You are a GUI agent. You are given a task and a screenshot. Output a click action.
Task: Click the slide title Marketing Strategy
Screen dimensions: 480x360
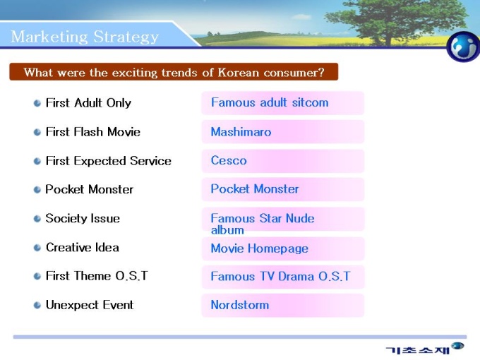(85, 37)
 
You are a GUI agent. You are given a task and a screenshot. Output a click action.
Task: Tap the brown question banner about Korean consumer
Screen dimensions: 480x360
(174, 72)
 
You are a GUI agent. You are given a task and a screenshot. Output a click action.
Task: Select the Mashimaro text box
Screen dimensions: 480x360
(283, 132)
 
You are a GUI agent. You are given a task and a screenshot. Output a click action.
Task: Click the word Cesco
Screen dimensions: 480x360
(229, 160)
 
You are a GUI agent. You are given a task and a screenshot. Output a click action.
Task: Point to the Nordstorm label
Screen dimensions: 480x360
(240, 305)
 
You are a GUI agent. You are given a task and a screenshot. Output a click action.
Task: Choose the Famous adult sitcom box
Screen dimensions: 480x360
(283, 103)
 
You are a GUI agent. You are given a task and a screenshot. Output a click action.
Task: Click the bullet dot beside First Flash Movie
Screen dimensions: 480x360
(37, 132)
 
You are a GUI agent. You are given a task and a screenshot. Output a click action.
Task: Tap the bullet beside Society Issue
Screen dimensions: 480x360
(37, 219)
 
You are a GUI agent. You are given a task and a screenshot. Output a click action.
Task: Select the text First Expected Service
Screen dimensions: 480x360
(109, 161)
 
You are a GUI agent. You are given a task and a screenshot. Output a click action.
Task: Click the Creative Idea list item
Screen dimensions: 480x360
(83, 247)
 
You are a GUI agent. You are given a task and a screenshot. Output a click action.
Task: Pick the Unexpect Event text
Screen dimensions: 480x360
(90, 305)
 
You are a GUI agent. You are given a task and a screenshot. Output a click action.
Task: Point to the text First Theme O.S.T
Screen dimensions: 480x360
(97, 276)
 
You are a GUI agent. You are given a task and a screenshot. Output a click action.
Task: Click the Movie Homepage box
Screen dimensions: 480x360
(283, 248)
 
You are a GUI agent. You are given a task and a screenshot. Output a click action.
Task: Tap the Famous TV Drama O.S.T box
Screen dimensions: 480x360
(283, 277)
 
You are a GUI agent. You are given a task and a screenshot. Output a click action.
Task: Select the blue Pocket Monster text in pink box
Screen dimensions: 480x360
(255, 189)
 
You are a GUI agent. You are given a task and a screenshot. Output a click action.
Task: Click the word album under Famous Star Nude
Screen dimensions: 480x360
(227, 230)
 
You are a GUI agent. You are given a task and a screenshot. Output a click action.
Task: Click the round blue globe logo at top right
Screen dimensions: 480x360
(463, 47)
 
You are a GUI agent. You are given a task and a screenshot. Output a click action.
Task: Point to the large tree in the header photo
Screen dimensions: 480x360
(395, 21)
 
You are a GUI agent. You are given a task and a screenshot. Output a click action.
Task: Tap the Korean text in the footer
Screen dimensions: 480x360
(418, 349)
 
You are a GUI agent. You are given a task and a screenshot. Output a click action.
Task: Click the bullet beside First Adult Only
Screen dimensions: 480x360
(37, 103)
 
